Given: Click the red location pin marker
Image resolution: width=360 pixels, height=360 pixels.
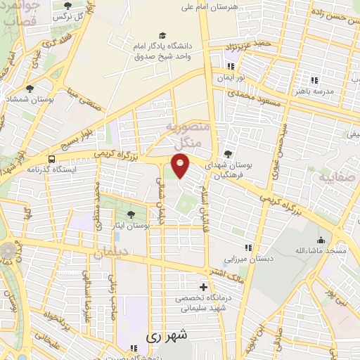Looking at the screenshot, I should pyautogui.click(x=181, y=166).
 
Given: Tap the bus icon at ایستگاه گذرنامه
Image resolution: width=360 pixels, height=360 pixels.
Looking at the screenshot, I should pyautogui.click(x=52, y=160).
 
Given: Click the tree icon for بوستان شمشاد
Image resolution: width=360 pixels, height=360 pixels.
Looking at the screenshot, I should pyautogui.click(x=30, y=89).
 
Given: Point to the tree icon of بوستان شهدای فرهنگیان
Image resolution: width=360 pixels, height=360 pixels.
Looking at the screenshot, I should pyautogui.click(x=227, y=153).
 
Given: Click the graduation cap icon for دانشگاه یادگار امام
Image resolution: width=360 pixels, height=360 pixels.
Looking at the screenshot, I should pyautogui.click(x=162, y=35).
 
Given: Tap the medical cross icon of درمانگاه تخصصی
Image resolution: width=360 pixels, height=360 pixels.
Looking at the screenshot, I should pyautogui.click(x=204, y=288).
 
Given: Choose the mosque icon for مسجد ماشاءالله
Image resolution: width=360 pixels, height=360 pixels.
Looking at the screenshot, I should pyautogui.click(x=321, y=240).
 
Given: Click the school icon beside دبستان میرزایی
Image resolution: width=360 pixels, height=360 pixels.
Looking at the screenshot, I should pyautogui.click(x=247, y=247).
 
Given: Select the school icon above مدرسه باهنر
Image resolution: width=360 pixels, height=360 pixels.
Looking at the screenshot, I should pyautogui.click(x=314, y=80).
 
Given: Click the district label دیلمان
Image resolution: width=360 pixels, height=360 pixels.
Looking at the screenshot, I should pyautogui.click(x=112, y=252).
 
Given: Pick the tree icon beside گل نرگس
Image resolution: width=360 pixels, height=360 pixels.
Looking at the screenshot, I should pyautogui.click(x=67, y=6).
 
